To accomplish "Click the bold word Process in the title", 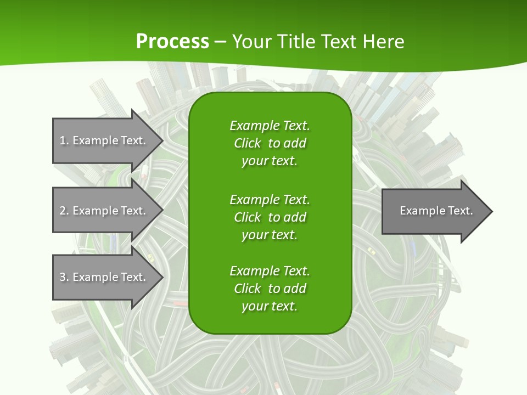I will [172, 42].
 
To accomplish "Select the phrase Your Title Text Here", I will [318, 42].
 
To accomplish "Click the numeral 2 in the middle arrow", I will [63, 211].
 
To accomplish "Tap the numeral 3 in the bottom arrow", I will [63, 277].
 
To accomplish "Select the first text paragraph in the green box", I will [270, 143].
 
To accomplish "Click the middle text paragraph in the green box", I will [270, 217].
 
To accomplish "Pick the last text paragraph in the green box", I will [270, 289].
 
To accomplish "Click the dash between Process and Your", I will [220, 42].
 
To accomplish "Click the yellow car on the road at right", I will [371, 251].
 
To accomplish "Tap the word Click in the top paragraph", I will [248, 143].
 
